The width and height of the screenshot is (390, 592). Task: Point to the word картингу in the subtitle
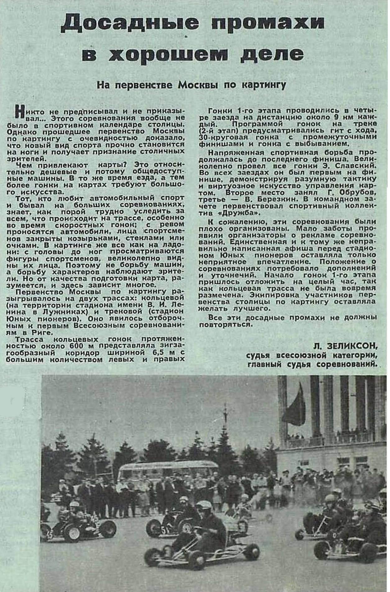click(x=263, y=85)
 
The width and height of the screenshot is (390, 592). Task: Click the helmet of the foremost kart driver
click(x=204, y=505)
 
